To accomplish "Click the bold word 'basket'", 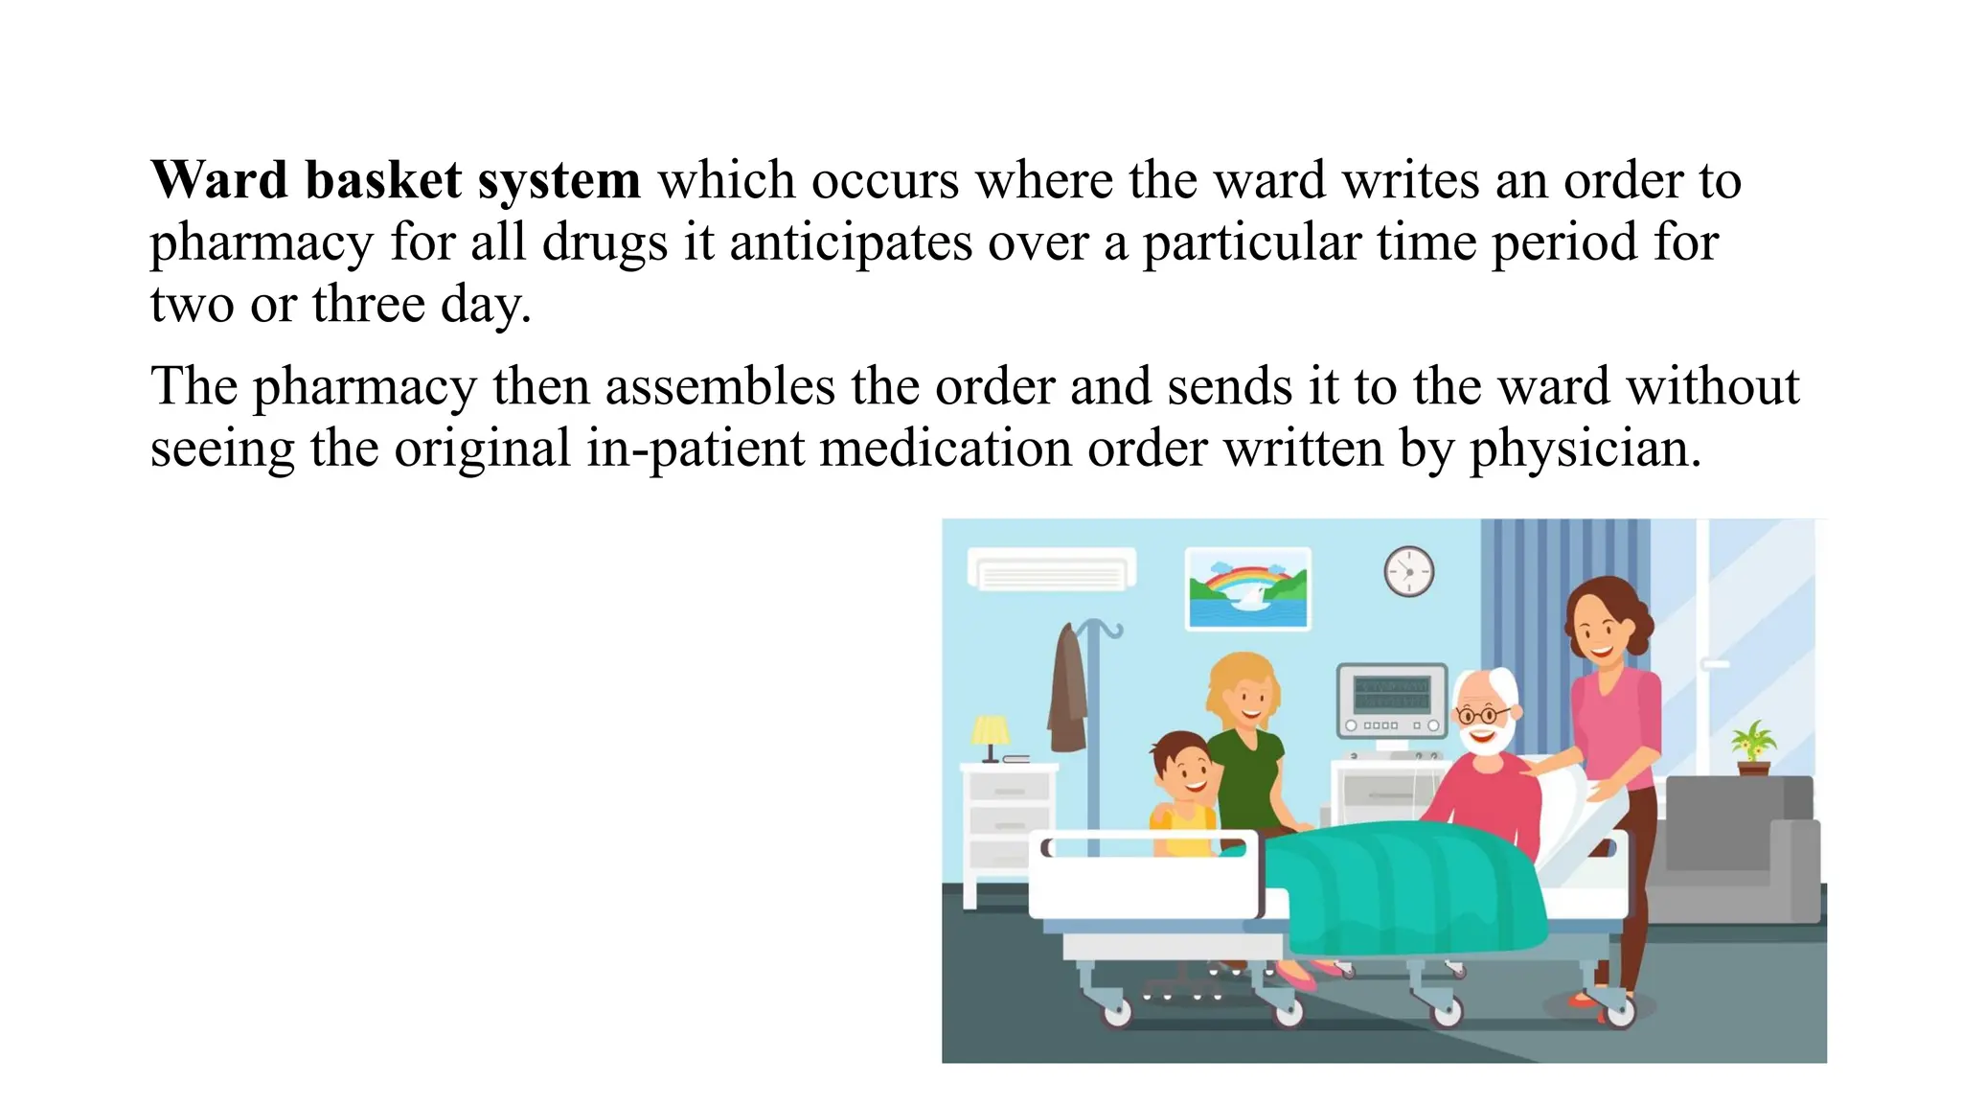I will pyautogui.click(x=383, y=180).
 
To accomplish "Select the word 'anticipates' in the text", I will pyautogui.click(x=850, y=241).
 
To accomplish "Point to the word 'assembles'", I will pyautogui.click(x=719, y=386).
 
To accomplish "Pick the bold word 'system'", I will pyautogui.click(x=559, y=180).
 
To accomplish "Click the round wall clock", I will pyautogui.click(x=1408, y=571).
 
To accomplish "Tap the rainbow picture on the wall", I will pyautogui.click(x=1247, y=587).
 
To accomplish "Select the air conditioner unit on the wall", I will pyautogui.click(x=1051, y=570).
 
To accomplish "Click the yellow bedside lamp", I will pyautogui.click(x=990, y=733).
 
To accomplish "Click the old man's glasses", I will pyautogui.click(x=1481, y=714).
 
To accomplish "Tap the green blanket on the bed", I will pyautogui.click(x=1408, y=886).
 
